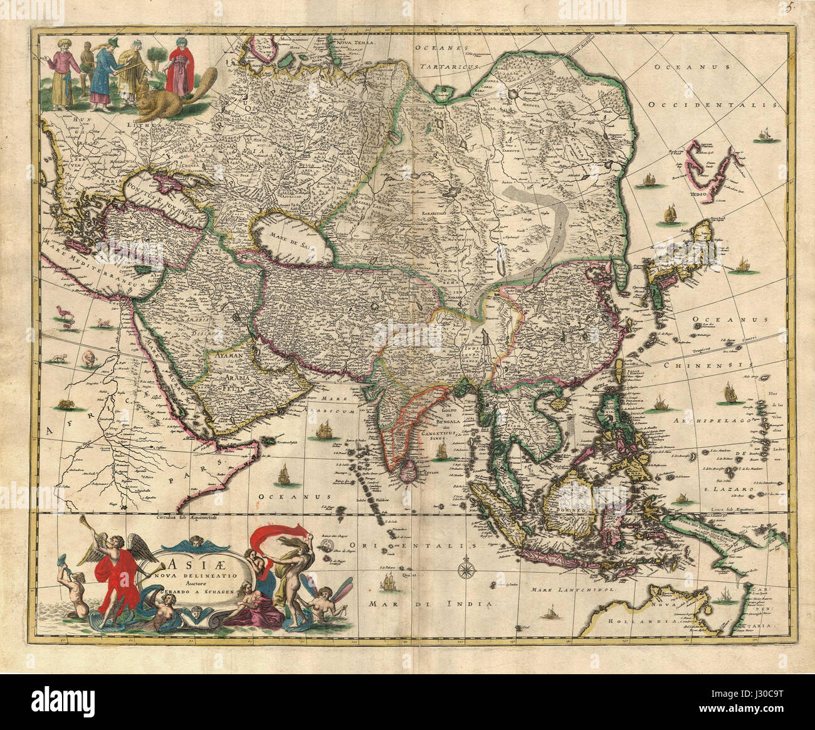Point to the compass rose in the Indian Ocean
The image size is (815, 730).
tap(466, 568)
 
